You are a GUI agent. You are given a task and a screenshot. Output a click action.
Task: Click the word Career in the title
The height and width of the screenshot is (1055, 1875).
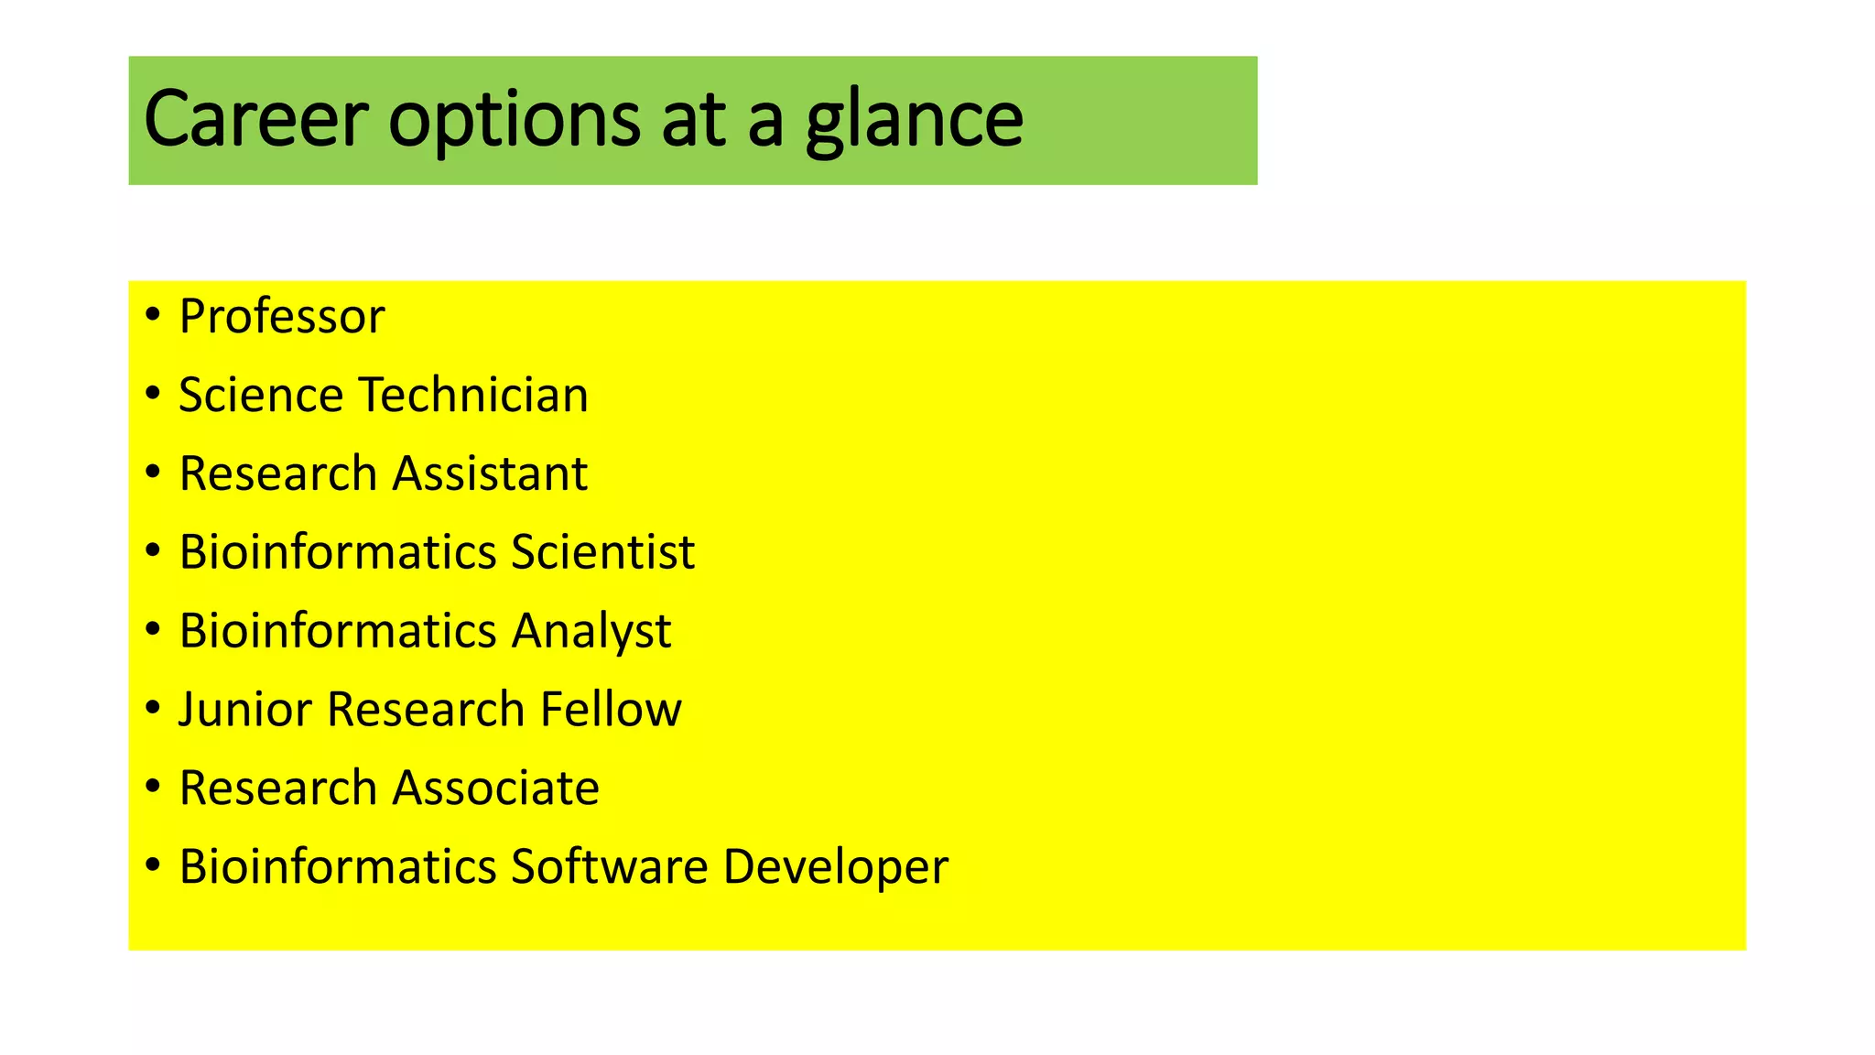pos(255,119)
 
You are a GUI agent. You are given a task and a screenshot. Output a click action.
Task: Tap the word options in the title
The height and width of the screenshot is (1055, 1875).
pos(514,121)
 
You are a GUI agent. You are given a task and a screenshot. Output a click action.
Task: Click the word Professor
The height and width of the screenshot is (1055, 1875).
pos(282,317)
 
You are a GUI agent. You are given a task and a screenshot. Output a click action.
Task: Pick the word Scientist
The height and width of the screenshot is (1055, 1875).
pos(602,552)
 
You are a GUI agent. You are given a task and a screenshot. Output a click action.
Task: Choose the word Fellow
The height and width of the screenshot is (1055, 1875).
pos(611,710)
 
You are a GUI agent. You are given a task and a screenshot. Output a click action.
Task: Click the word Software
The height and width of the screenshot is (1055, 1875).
pos(609,866)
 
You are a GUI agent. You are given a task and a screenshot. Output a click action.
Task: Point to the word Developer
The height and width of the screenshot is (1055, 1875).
pos(835,868)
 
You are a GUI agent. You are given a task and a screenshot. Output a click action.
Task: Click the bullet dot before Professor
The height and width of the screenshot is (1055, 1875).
pos(153,316)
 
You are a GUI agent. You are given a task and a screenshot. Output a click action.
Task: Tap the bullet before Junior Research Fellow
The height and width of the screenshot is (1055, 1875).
pos(153,708)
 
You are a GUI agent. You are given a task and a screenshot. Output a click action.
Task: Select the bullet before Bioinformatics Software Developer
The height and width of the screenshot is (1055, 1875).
pos(153,865)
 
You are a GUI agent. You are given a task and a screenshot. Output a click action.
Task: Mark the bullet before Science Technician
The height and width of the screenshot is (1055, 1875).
pos(153,394)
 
